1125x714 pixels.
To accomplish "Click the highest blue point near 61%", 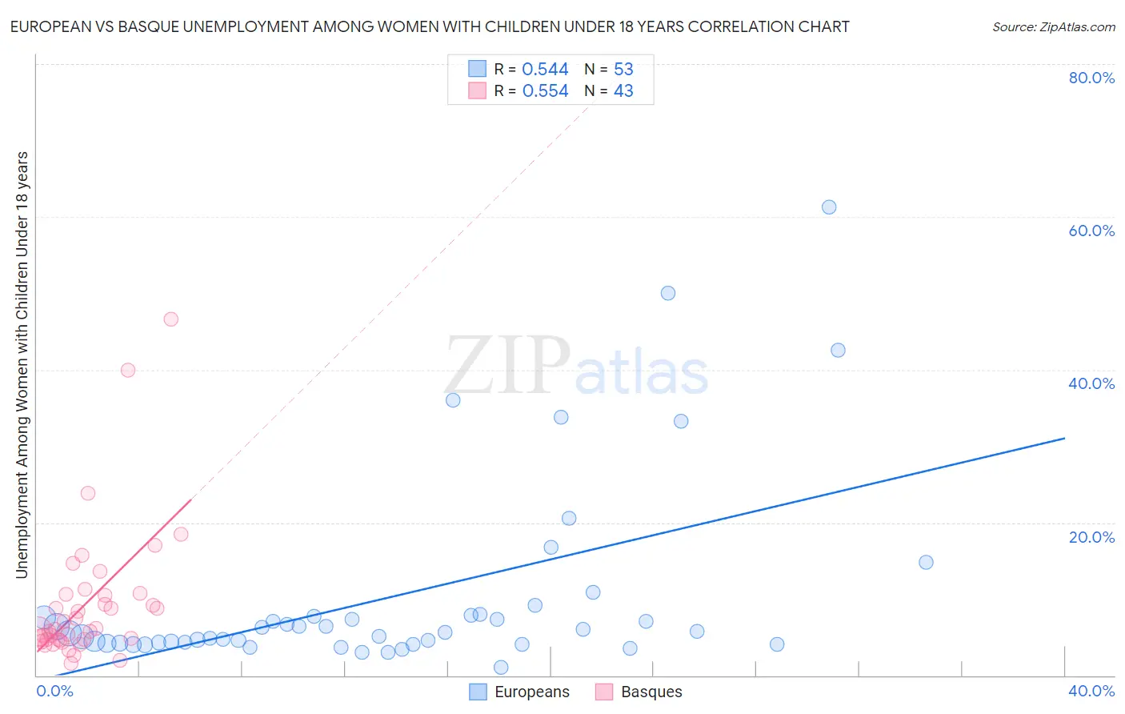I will click(x=829, y=207).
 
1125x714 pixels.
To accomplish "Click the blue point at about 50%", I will click(x=668, y=293).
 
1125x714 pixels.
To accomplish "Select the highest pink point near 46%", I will click(x=170, y=319).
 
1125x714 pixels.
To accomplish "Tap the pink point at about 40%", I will click(x=128, y=370).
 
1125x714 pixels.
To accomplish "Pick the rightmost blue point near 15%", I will click(x=926, y=562).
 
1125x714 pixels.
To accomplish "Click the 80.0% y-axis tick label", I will click(x=1091, y=78).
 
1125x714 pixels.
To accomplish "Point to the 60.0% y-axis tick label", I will click(x=1091, y=231).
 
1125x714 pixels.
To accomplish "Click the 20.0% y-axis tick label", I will click(x=1091, y=537).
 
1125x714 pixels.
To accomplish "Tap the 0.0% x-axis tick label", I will click(x=54, y=691).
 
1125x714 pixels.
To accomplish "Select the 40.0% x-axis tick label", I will click(x=1091, y=691).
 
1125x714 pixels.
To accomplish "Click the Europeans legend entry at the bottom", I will click(x=520, y=692).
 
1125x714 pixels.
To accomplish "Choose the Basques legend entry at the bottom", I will click(x=639, y=692).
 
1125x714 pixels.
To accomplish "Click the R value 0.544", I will click(x=545, y=70).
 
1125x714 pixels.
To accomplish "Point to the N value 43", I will click(x=623, y=91).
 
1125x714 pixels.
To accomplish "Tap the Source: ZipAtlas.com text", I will click(x=1053, y=27).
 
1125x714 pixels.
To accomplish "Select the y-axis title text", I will click(x=22, y=364).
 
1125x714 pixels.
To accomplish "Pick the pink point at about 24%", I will click(x=88, y=493).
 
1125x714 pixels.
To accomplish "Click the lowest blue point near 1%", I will click(x=501, y=668).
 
